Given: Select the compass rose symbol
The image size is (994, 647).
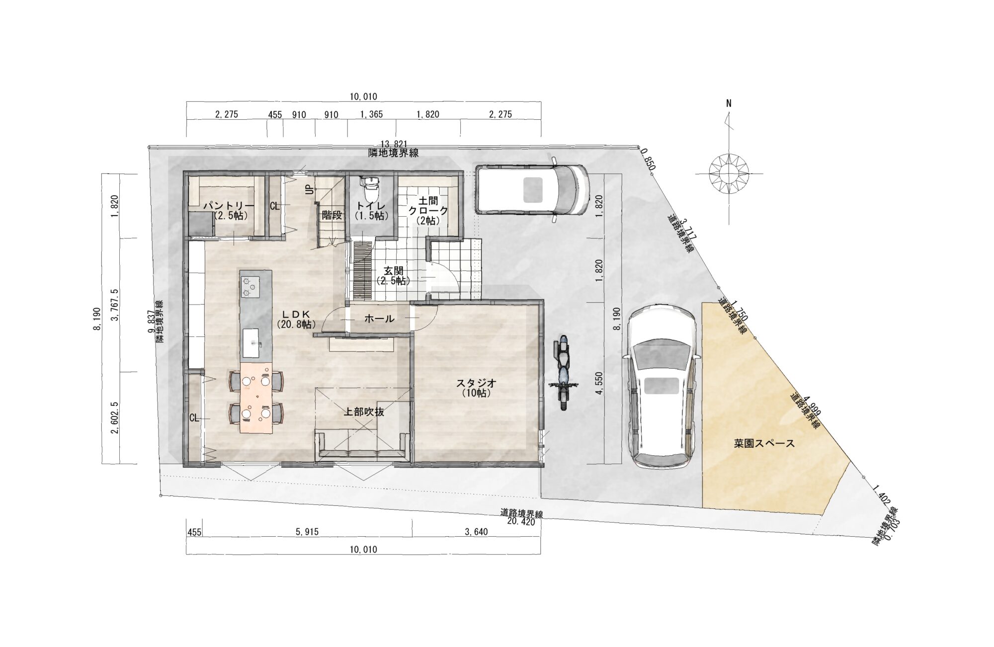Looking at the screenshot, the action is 729,174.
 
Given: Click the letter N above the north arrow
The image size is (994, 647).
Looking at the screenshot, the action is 729,104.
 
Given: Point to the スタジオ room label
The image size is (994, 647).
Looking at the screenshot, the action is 476,383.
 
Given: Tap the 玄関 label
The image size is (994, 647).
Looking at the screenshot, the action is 393,271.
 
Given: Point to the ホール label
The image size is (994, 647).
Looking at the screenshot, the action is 379,319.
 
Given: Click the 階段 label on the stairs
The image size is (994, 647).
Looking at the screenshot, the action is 332,215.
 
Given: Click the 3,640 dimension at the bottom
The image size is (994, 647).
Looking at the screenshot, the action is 476,532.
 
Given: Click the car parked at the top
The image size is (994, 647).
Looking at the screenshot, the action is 532,189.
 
